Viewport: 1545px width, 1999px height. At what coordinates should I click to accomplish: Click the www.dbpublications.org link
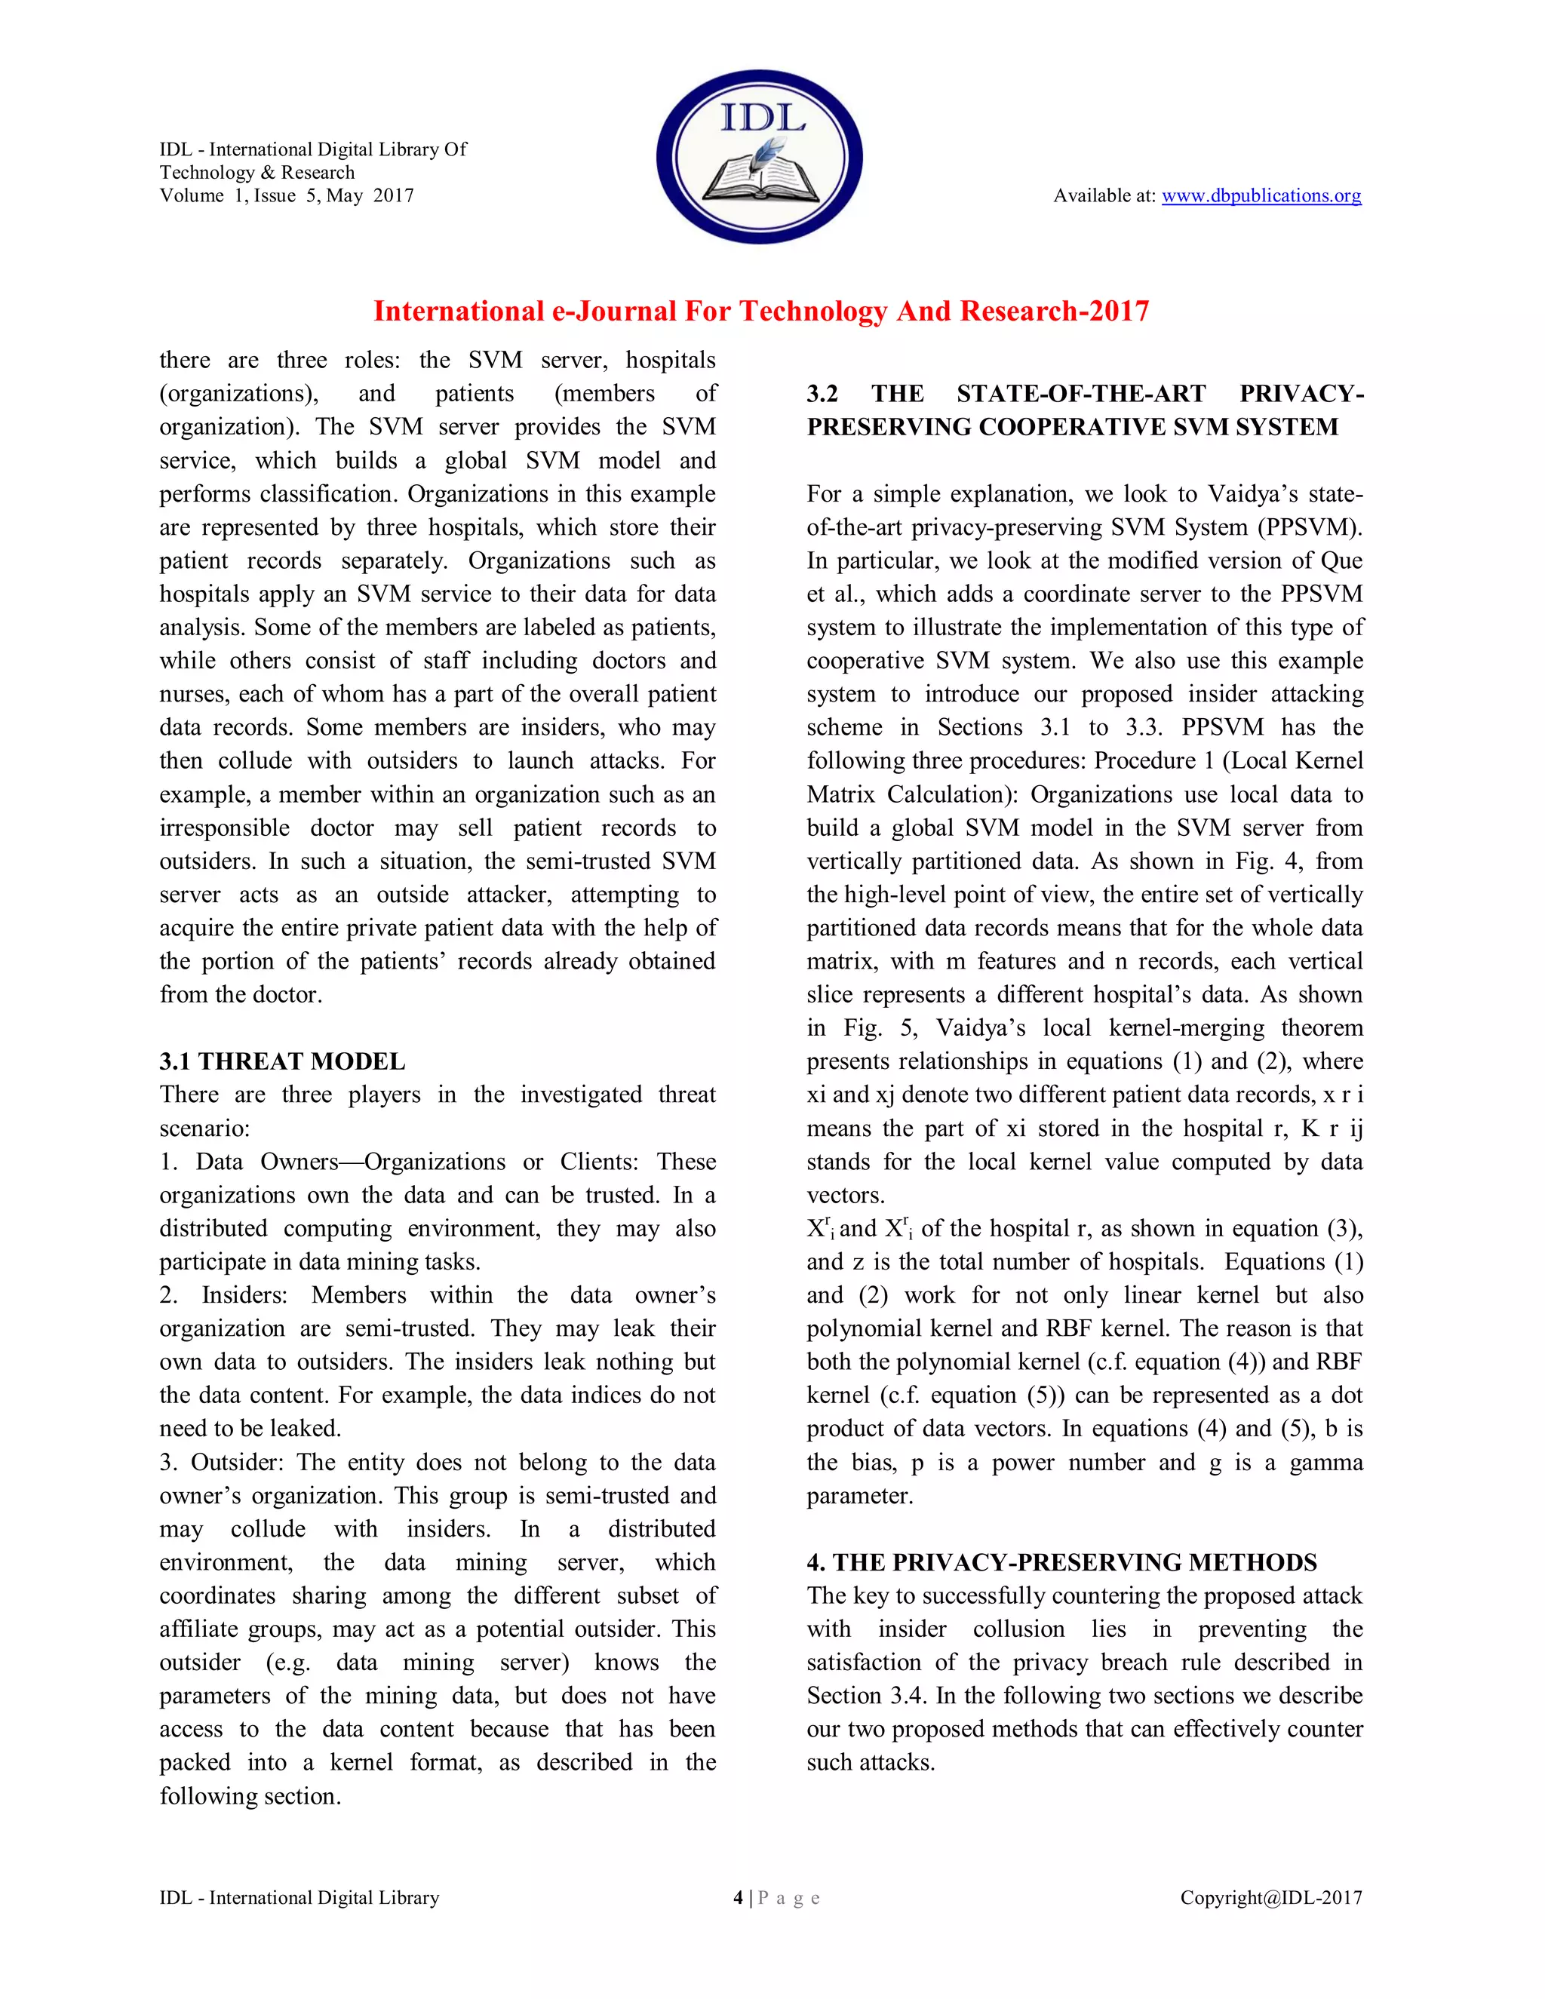(x=1261, y=196)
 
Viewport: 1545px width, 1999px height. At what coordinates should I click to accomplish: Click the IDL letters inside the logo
(x=761, y=117)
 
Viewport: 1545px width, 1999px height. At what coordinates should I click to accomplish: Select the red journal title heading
(x=760, y=312)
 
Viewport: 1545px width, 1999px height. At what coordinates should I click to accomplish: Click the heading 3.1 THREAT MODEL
(x=282, y=1062)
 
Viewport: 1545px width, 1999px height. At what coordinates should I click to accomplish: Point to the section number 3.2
(x=822, y=394)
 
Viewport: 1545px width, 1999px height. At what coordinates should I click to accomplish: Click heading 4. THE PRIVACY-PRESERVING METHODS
(x=1061, y=1562)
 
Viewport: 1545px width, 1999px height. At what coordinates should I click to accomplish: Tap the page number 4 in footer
(x=738, y=1899)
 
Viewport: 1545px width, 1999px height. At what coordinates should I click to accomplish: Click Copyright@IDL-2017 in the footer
(x=1270, y=1899)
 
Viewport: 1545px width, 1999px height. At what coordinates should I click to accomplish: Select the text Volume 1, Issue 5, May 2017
(x=287, y=196)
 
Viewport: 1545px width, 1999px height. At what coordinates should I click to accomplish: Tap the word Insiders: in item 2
(x=244, y=1295)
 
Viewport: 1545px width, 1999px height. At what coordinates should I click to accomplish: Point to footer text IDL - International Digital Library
(x=299, y=1899)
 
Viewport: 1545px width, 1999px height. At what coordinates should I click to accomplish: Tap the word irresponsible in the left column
(x=224, y=828)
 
